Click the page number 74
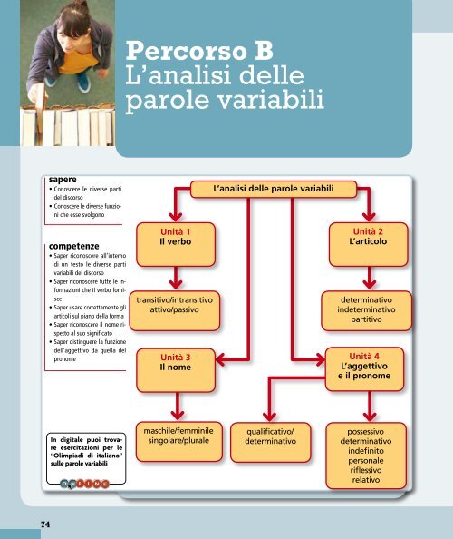(x=44, y=524)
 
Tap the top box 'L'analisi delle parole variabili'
(x=273, y=188)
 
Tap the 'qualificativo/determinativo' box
(x=271, y=435)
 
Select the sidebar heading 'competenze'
(x=75, y=244)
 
